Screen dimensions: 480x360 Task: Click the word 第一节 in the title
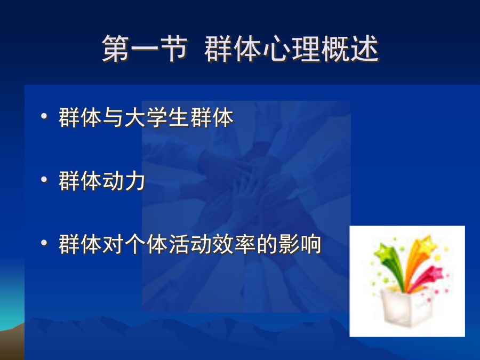click(145, 49)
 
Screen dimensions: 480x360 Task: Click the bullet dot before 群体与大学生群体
click(44, 116)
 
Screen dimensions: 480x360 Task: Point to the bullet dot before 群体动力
click(44, 179)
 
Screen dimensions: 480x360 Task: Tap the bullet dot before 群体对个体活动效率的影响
click(44, 243)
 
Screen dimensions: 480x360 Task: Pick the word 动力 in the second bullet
click(124, 181)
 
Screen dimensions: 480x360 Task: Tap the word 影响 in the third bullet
click(300, 244)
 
